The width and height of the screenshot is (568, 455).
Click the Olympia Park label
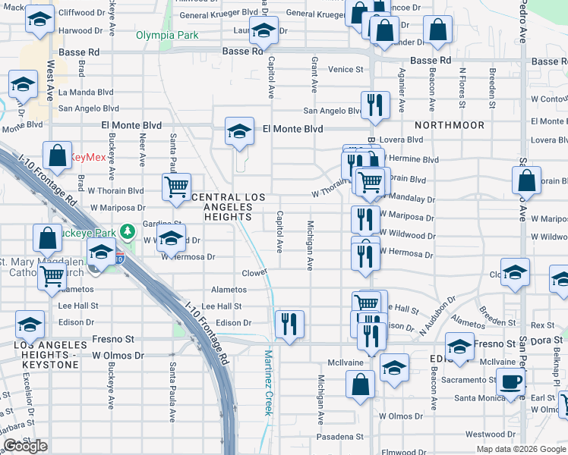point(167,35)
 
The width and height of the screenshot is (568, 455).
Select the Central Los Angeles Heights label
point(228,206)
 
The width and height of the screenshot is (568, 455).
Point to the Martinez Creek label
point(268,383)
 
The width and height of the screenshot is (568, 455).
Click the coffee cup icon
point(511,384)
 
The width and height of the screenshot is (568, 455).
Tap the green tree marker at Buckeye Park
point(129,227)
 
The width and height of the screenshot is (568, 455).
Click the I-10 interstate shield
point(119,256)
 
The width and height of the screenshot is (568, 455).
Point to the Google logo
point(24,446)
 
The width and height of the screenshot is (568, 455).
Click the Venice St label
point(346,69)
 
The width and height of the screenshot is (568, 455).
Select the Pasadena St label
point(341,437)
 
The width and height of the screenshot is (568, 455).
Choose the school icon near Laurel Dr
point(263,33)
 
